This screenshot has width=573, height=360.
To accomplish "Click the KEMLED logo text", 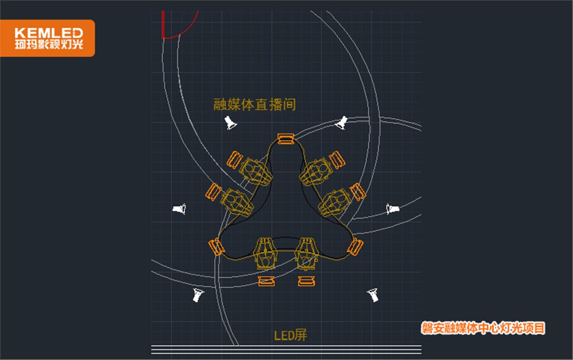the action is click(x=49, y=33).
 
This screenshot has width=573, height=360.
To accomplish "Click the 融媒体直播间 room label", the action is click(x=255, y=104).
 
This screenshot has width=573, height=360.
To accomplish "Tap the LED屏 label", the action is click(x=291, y=335).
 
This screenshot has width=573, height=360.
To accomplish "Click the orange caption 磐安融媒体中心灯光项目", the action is click(x=483, y=328).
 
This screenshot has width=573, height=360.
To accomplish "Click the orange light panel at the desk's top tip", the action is click(x=286, y=139).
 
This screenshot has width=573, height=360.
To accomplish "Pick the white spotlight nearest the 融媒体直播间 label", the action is click(x=230, y=123).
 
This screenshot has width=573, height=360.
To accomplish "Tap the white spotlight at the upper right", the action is click(x=341, y=123).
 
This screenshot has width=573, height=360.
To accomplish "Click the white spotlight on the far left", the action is click(x=180, y=209).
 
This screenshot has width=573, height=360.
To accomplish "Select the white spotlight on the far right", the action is click(x=392, y=209).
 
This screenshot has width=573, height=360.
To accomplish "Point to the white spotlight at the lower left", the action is click(x=197, y=295).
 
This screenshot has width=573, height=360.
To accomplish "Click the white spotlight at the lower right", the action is click(x=373, y=295).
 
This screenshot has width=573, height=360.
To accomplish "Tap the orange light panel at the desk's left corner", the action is click(x=216, y=247).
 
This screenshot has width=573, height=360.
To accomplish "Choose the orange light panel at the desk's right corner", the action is click(x=355, y=247).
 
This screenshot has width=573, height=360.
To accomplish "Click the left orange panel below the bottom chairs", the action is click(x=266, y=281).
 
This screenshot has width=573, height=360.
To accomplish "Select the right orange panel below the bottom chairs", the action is click(x=306, y=281).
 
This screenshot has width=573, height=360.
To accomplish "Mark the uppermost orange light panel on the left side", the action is click(x=234, y=160).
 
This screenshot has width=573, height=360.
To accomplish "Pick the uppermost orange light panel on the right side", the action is click(x=337, y=160).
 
